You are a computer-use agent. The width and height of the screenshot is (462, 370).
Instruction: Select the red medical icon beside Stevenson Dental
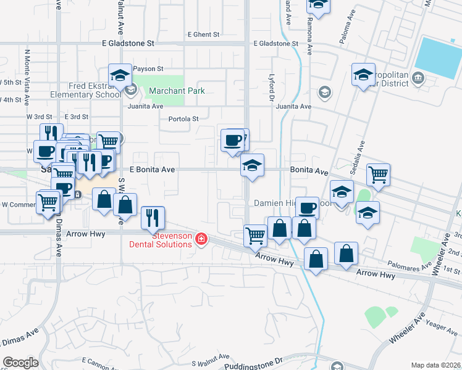coord(200,239)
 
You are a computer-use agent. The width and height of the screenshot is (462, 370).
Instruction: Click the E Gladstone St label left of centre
coord(128,44)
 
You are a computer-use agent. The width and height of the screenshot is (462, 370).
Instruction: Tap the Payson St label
coord(148,69)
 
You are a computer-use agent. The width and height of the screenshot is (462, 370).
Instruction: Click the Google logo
coord(20,362)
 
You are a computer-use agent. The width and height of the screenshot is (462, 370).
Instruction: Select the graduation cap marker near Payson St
coord(120,76)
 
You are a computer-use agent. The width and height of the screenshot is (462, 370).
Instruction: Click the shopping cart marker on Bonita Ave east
coord(378,175)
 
